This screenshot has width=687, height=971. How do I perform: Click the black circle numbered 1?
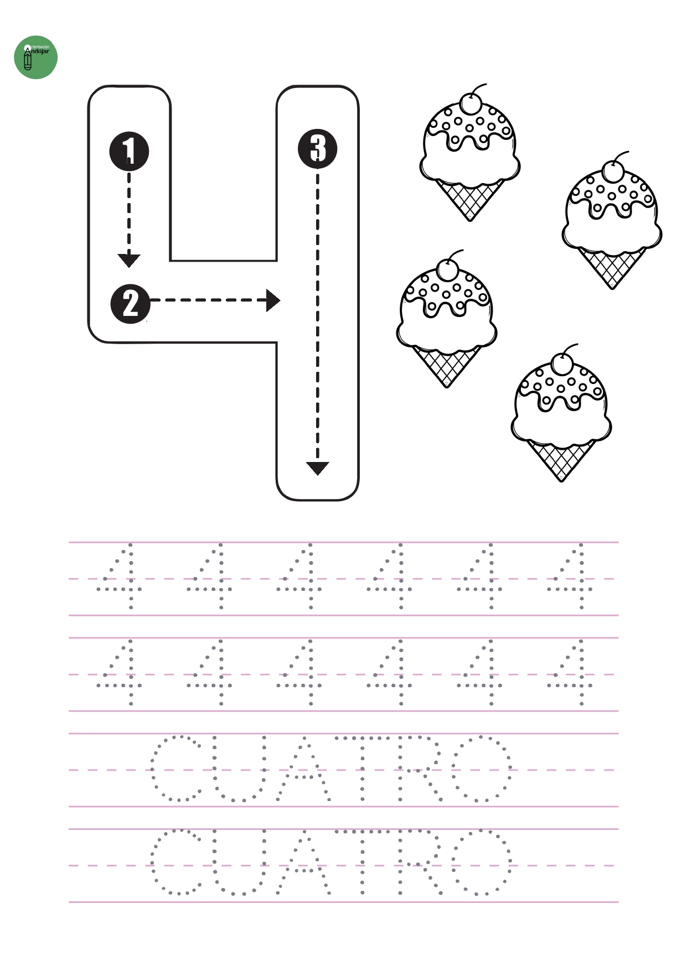[x=129, y=150]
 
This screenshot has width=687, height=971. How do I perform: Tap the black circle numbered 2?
[x=131, y=303]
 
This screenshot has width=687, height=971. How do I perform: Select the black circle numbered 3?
[x=318, y=148]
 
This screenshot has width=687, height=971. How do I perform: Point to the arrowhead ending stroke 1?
[x=129, y=261]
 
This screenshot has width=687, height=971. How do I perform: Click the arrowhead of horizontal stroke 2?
[x=273, y=300]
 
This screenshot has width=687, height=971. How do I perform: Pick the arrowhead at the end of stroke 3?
[x=318, y=469]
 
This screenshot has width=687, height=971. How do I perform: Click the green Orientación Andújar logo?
[x=35, y=58]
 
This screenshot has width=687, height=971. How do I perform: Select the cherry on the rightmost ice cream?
[x=612, y=170]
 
